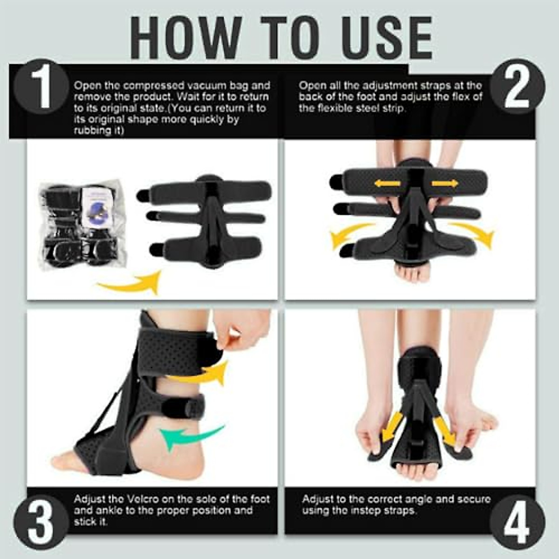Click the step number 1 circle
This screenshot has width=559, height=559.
click(41, 87)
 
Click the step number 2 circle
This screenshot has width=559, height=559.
click(517, 87)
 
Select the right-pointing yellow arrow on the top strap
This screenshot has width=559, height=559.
click(444, 184)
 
